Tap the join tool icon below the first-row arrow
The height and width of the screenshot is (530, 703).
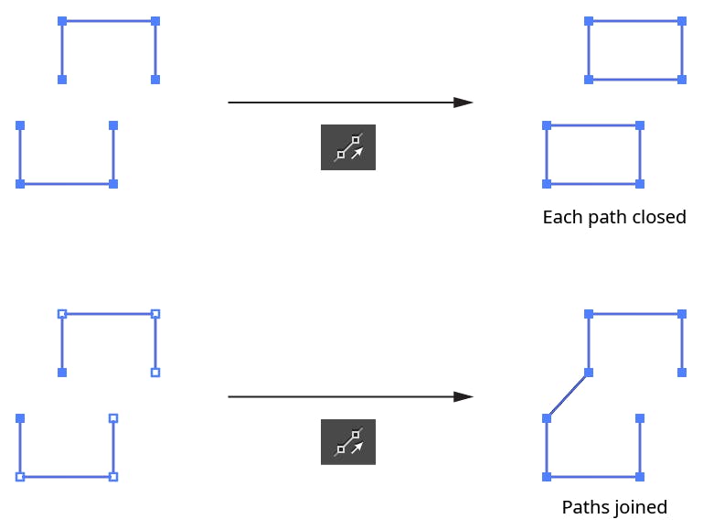(x=348, y=147)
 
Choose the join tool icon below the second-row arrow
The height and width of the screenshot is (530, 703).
(x=348, y=442)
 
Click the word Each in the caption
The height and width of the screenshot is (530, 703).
(x=559, y=218)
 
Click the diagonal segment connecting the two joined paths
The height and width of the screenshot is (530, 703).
(x=568, y=395)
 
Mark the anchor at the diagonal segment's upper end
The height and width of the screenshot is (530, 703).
(x=589, y=373)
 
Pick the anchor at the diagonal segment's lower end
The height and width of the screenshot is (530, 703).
(x=547, y=418)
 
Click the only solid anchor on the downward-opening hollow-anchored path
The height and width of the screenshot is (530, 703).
(x=62, y=373)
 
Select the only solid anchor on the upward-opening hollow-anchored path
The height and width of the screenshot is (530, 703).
(x=20, y=418)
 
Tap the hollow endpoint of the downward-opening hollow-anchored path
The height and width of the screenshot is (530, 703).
(x=155, y=373)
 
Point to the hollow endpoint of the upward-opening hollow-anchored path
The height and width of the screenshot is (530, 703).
(x=113, y=418)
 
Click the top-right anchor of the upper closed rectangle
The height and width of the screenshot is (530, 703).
(x=682, y=20)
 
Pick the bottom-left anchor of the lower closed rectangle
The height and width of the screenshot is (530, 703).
(x=547, y=184)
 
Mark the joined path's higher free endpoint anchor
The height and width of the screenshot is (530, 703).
(x=682, y=373)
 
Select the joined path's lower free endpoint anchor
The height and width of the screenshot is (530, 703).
(x=640, y=418)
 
